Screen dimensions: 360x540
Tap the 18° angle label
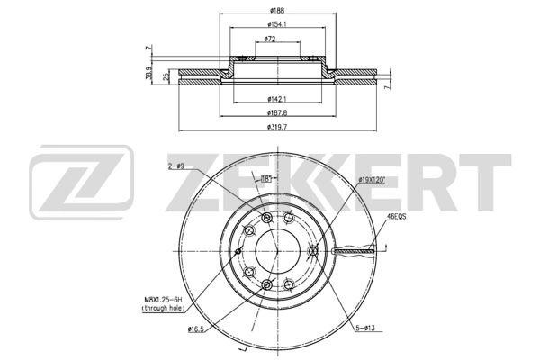coord(265,179)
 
